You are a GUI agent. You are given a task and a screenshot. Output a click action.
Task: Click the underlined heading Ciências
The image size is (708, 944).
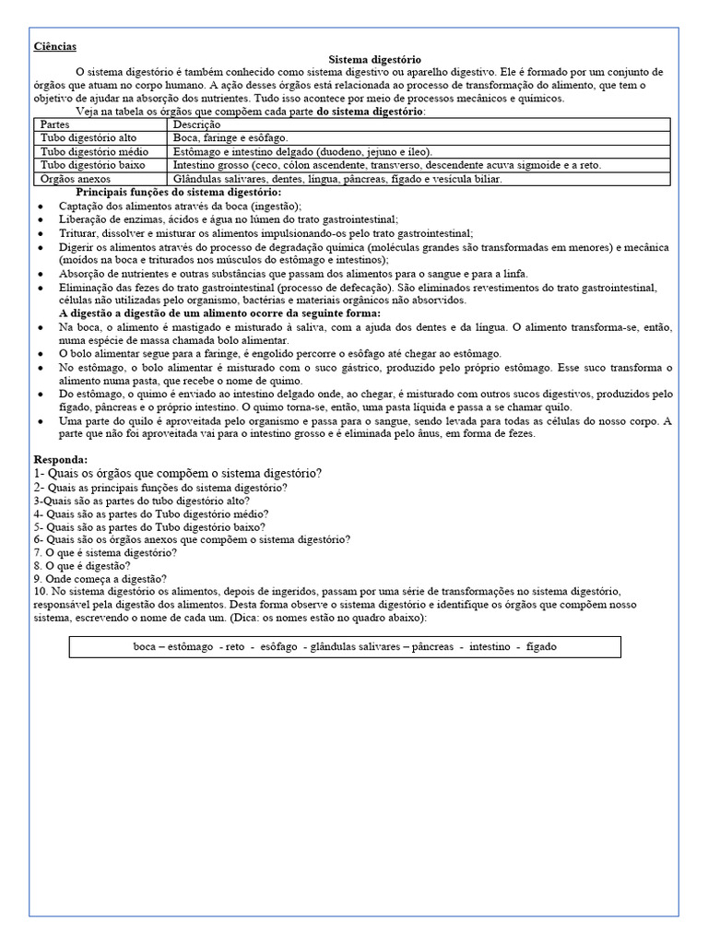55,46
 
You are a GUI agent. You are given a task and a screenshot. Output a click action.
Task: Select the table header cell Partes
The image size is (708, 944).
56,124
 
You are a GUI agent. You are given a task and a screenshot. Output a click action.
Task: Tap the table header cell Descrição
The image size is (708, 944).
196,124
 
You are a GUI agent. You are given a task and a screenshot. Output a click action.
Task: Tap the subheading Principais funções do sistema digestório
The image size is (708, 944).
179,192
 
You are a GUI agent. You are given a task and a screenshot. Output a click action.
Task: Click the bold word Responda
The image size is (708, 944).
61,459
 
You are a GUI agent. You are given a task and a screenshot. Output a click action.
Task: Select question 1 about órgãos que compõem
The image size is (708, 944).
178,473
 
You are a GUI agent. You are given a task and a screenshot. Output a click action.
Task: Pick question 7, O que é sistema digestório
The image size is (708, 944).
105,552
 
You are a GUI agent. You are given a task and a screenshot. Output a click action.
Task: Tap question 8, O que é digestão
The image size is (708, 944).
82,565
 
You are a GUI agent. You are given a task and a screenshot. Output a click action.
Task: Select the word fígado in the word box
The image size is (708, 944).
541,647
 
